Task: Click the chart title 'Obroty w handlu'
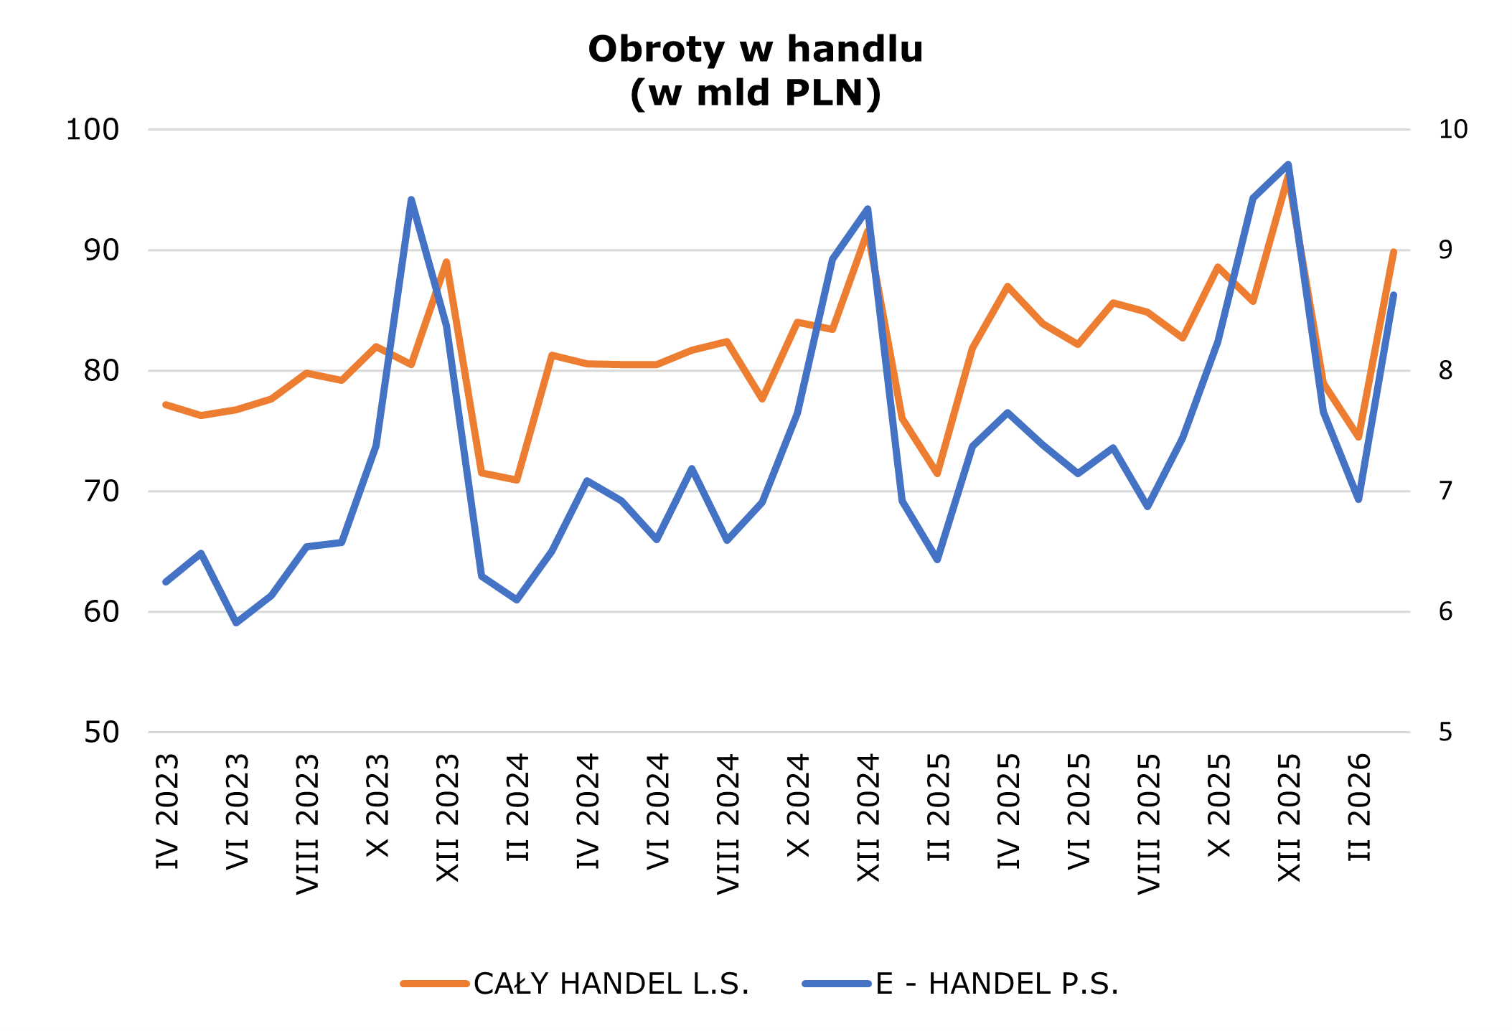coord(755,50)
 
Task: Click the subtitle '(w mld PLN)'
coord(755,93)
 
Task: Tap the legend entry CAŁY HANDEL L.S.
coord(611,984)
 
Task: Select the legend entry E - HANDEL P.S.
coord(996,984)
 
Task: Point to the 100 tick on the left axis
coord(93,130)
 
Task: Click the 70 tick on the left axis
coord(101,491)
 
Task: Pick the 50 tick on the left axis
coord(101,733)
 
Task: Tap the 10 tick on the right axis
coord(1453,130)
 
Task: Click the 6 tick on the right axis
coord(1445,612)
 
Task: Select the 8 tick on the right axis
coord(1445,371)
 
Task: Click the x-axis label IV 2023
coord(167,811)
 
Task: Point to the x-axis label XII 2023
coord(448,818)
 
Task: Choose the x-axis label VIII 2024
coord(728,824)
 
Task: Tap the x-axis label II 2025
coord(939,807)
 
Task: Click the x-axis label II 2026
coord(1360,807)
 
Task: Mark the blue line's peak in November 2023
coord(411,199)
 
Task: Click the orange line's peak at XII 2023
coord(446,262)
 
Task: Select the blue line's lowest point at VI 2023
coord(236,623)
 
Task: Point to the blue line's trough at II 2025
coord(937,560)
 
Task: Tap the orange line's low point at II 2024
coord(517,479)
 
